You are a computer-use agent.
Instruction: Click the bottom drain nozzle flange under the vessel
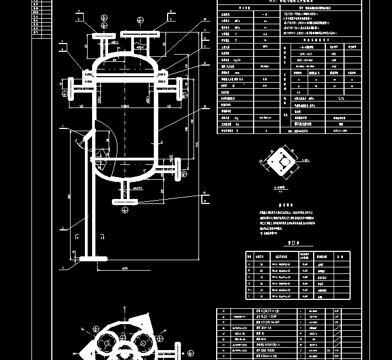(127, 201)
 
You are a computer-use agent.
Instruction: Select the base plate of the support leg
(93, 258)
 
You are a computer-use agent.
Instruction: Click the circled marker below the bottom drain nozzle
(127, 210)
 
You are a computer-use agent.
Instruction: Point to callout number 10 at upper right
(205, 20)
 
